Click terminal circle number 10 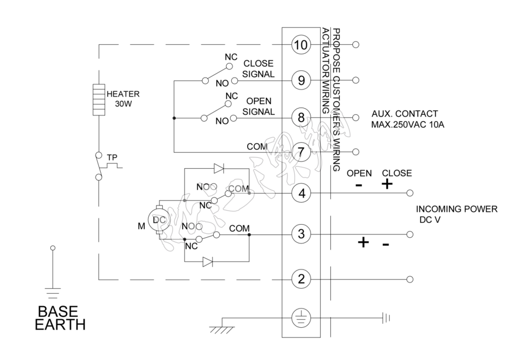click(x=301, y=45)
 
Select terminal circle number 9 click(x=301, y=80)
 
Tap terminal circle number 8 click(x=301, y=117)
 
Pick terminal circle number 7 click(x=301, y=152)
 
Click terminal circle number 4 click(x=301, y=193)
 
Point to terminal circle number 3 click(x=301, y=233)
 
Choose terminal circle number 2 click(x=301, y=278)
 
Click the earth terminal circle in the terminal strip click(x=301, y=318)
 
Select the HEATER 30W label click(x=123, y=98)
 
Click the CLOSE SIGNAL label click(x=258, y=68)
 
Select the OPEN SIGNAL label click(x=258, y=106)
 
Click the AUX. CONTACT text click(x=404, y=113)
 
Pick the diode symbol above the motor click(x=218, y=168)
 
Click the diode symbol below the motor click(x=208, y=262)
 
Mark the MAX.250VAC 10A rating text click(x=407, y=124)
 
